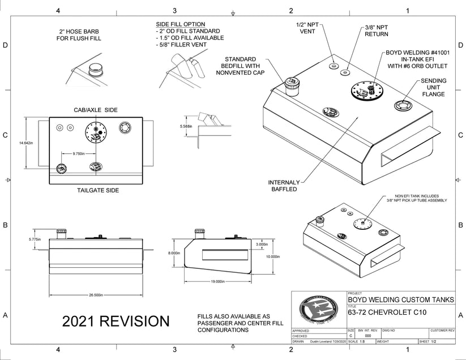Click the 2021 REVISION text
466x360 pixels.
click(116, 322)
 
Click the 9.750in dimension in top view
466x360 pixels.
click(79, 153)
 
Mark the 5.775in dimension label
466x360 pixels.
click(35, 239)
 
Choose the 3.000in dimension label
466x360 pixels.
click(262, 244)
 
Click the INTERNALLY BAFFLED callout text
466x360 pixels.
click(283, 186)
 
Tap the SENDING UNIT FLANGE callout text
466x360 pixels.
click(433, 87)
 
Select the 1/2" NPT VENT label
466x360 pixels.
click(307, 28)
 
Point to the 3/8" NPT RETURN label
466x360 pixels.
click(376, 30)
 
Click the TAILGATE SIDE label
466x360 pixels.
click(98, 191)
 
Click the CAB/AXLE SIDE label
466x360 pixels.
click(96, 109)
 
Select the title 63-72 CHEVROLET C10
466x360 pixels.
click(387, 312)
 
